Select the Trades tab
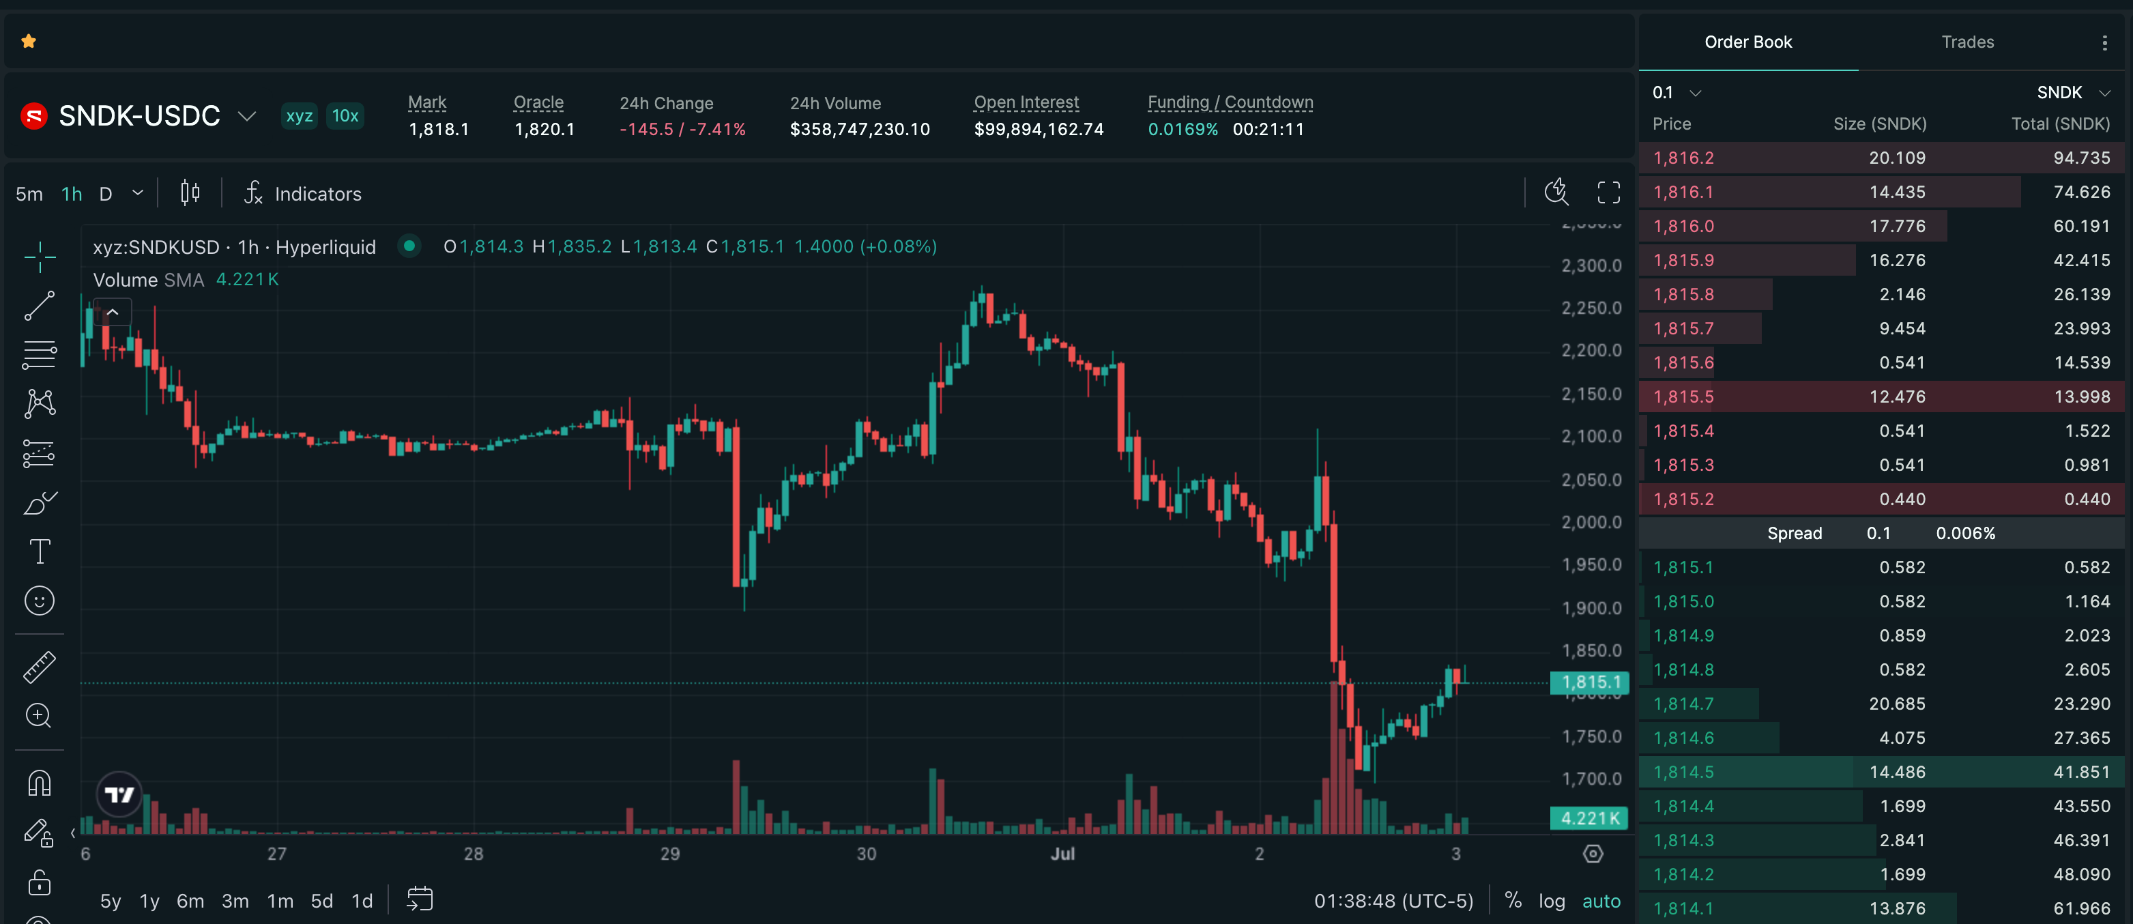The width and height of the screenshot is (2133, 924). point(1967,42)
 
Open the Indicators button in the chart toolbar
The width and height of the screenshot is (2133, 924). point(303,193)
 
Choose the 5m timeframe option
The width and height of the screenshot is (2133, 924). point(29,194)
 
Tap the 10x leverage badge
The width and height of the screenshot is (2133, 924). point(345,116)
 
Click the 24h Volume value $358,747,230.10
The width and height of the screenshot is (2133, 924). point(860,129)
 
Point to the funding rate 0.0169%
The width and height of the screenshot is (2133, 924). point(1182,129)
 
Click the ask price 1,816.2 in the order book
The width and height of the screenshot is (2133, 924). point(1683,158)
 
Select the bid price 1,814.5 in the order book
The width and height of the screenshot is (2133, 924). point(1683,772)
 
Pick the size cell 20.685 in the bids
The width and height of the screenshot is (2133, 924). point(1897,704)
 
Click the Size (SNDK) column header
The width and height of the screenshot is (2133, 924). point(1880,124)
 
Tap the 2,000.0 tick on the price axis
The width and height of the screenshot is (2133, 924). point(1591,523)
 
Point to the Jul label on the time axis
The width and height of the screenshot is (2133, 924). point(1062,854)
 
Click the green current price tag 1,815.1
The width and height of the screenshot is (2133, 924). point(1590,682)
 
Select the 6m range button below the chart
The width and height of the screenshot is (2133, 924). point(190,901)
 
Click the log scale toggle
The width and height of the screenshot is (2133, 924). point(1552,901)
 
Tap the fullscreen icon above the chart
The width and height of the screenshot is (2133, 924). point(1608,193)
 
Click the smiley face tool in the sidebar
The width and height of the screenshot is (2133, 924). point(40,601)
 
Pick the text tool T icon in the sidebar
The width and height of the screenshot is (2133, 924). point(40,551)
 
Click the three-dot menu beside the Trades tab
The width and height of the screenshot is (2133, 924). point(2104,42)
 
